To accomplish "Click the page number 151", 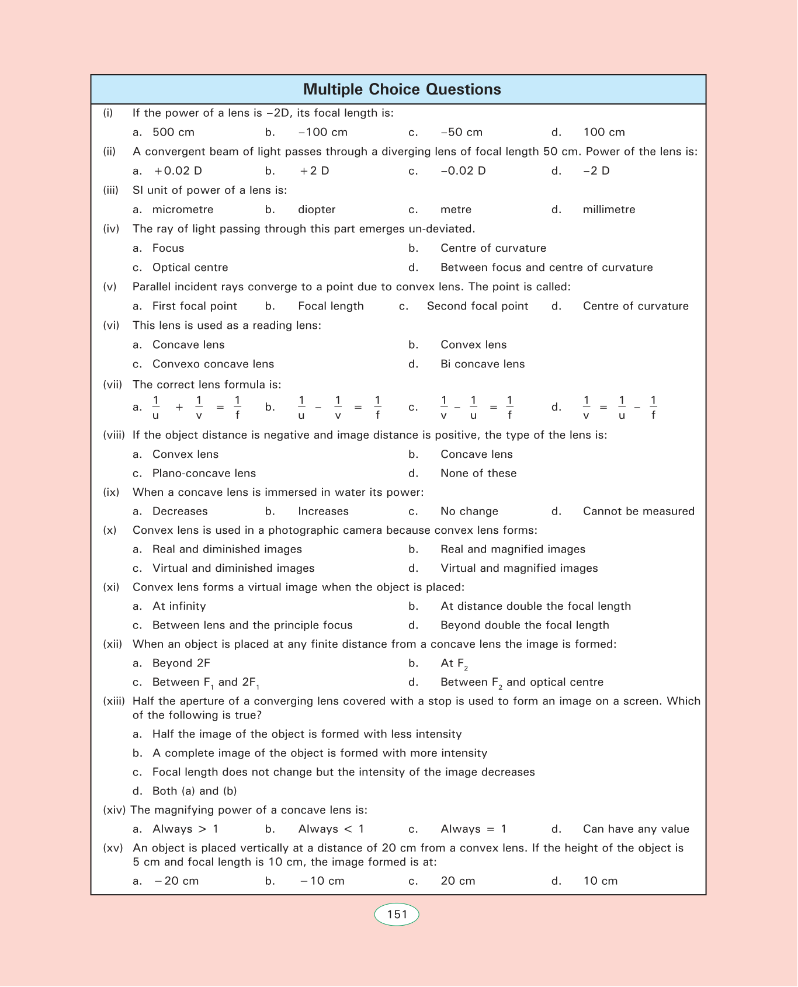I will tap(397, 915).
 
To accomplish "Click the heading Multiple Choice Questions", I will tap(402, 89).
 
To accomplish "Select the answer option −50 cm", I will tap(462, 133).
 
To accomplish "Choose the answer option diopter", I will tap(317, 210).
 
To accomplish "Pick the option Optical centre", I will tap(190, 267).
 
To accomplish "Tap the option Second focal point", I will tap(477, 306).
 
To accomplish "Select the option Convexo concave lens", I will tap(213, 364).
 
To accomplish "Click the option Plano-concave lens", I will tap(204, 473).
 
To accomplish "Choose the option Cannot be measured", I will tap(639, 512).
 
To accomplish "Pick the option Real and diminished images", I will tap(227, 550).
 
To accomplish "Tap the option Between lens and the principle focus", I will tap(252, 625).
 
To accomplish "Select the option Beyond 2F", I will tap(181, 663).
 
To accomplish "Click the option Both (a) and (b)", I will tap(194, 791).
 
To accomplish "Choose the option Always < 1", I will tap(331, 829).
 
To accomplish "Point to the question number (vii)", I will tap(113, 384).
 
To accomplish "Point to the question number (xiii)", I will tap(115, 701).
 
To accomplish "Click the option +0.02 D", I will tap(178, 171).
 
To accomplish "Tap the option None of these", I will tap(478, 473).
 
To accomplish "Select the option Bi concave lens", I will tap(483, 364).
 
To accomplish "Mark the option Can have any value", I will tap(636, 829).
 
